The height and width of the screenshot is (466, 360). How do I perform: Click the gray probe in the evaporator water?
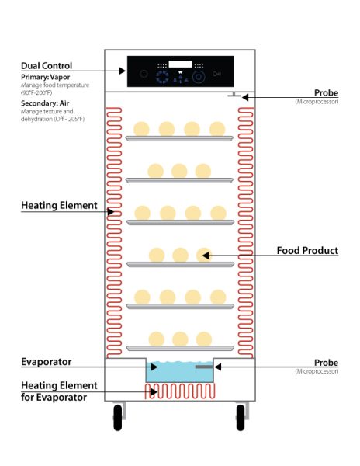pyautogui.click(x=203, y=367)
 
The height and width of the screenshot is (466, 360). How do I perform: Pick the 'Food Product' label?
pyautogui.click(x=307, y=251)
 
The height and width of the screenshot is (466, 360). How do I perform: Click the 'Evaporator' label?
pyautogui.click(x=46, y=362)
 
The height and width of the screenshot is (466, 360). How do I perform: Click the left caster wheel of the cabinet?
pyautogui.click(x=118, y=419)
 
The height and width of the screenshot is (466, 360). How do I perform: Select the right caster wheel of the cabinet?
pyautogui.click(x=241, y=419)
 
